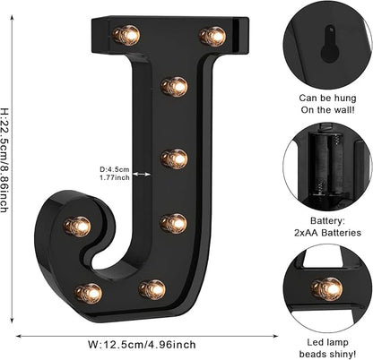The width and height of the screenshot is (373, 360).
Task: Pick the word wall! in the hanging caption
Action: (x=343, y=109)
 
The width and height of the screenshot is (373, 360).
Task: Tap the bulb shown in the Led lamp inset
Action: (x=327, y=287)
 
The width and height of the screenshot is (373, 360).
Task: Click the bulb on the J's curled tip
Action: (x=78, y=226)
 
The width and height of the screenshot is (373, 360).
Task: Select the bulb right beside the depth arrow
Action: (x=175, y=159)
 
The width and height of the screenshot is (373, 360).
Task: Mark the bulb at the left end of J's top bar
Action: (x=126, y=35)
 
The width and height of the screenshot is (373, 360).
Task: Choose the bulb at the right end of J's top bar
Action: (x=213, y=36)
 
